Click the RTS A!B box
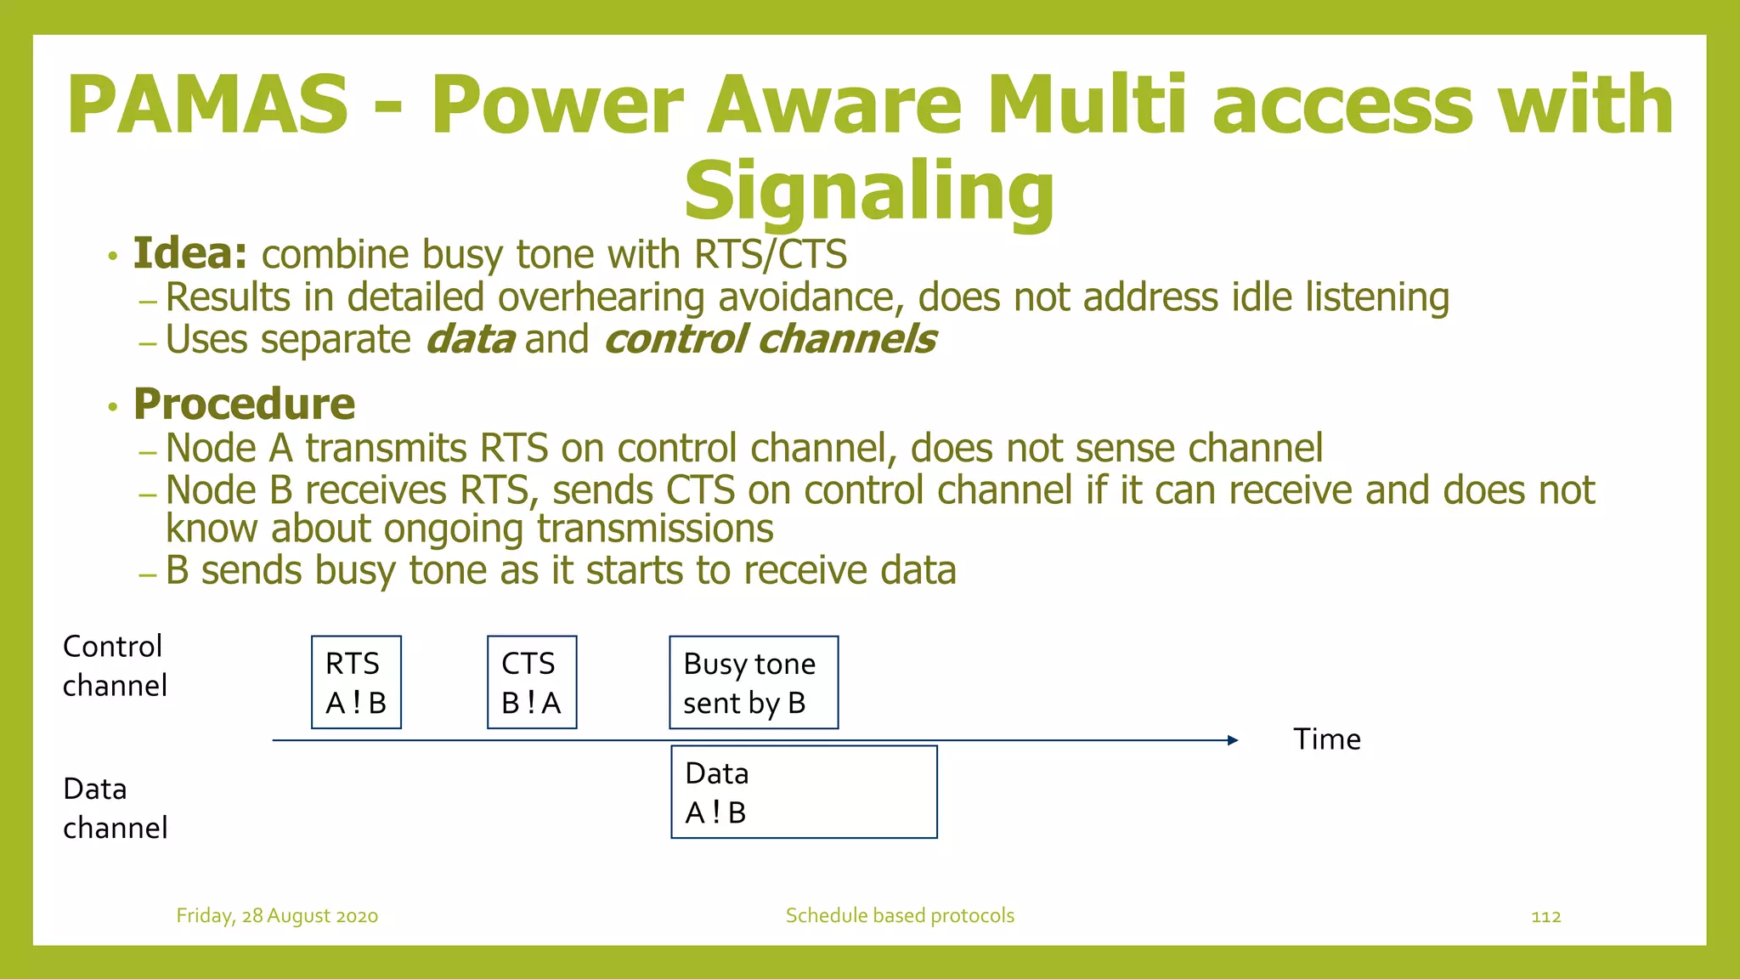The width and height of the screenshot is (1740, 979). (x=356, y=682)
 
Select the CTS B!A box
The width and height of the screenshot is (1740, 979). (x=532, y=682)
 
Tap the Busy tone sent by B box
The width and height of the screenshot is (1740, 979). (x=754, y=682)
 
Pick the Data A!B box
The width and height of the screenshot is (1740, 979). (x=804, y=792)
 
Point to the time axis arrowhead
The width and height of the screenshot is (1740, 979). (x=1233, y=740)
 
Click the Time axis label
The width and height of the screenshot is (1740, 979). (x=1326, y=739)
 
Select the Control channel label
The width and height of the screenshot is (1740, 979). (x=114, y=665)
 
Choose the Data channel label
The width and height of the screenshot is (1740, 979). (x=114, y=808)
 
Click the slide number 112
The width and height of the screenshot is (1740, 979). (x=1545, y=916)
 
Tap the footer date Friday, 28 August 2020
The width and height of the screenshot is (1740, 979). (x=277, y=916)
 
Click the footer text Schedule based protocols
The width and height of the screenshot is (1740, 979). (x=900, y=915)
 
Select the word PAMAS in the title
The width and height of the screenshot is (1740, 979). (x=208, y=105)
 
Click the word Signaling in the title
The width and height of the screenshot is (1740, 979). (x=869, y=190)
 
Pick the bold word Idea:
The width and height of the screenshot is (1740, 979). (x=190, y=253)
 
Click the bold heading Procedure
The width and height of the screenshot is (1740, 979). (x=244, y=404)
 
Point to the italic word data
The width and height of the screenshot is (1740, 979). (x=469, y=339)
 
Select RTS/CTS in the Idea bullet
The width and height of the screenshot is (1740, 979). (x=770, y=254)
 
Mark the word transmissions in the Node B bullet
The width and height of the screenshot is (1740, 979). (x=655, y=529)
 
